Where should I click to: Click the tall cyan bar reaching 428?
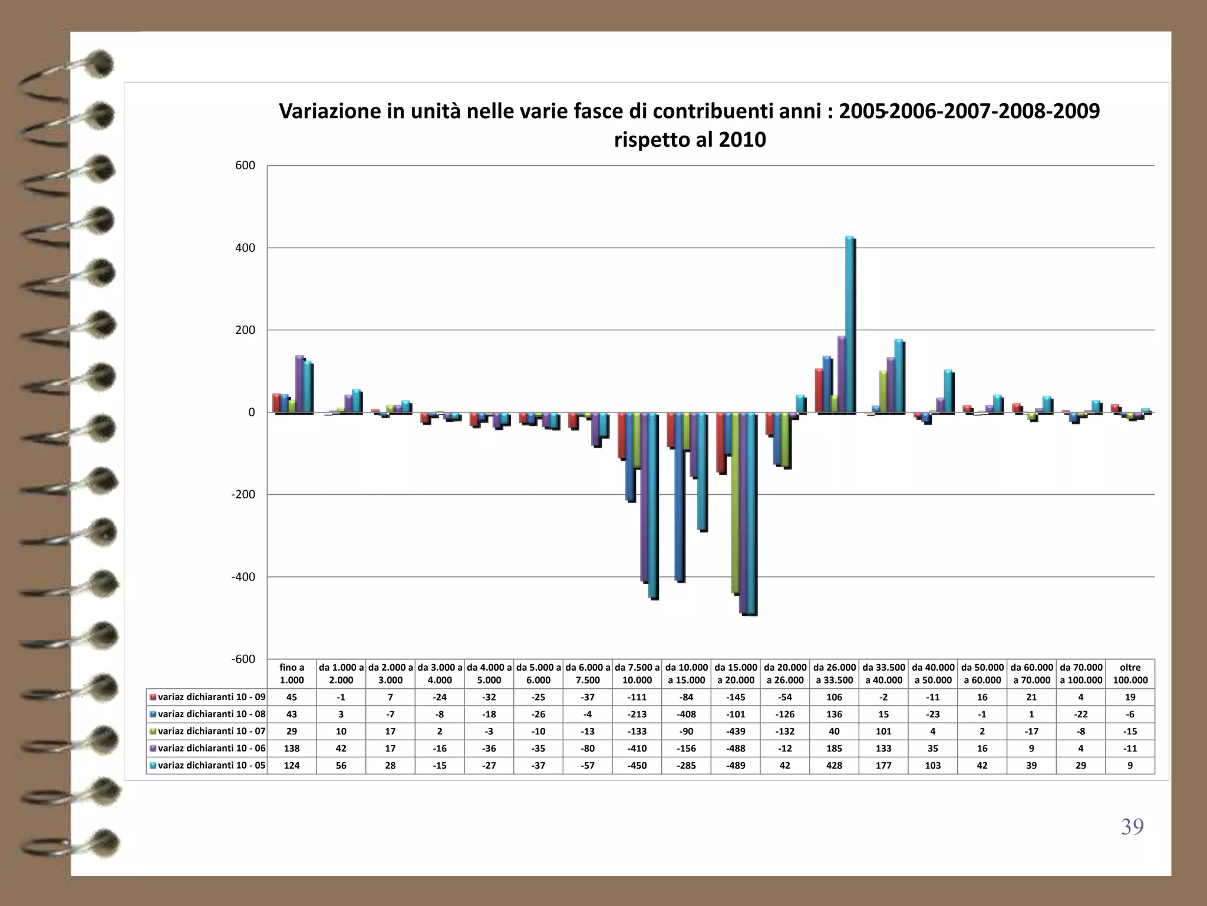coord(849,324)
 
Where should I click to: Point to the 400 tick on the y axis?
coord(245,248)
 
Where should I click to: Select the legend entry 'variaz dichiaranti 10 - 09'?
coord(207,697)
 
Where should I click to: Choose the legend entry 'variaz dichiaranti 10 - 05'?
coord(207,766)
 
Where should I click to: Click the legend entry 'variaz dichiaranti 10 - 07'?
coord(207,731)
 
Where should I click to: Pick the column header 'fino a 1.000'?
coord(292,674)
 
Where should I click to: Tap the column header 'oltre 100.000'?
coord(1130,674)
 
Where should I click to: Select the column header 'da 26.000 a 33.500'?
coord(834,674)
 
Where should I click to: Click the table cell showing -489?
coord(736,766)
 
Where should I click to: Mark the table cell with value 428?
coord(834,766)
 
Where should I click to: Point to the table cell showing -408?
coord(686,714)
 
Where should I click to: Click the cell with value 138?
coord(292,749)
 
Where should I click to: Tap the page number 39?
coord(1132,826)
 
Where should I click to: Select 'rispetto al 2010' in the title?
coord(690,140)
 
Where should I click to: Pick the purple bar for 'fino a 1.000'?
coord(299,384)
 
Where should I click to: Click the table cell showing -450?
coord(637,766)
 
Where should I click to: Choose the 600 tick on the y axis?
coord(245,166)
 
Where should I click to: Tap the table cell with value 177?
coord(883,766)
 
